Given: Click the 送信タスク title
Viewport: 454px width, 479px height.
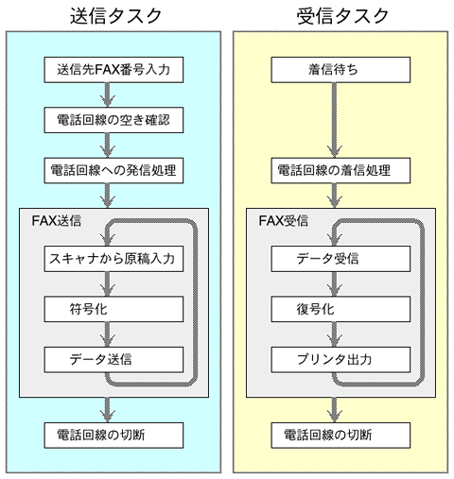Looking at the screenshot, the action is coord(115,16).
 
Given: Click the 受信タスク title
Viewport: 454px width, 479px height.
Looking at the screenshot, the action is coord(342,16).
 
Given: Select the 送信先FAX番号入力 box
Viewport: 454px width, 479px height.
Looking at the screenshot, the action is coord(113,70).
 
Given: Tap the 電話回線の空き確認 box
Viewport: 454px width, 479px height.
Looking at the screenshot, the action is coord(113,120).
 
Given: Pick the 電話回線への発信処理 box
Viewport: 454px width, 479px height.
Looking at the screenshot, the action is coord(113,171).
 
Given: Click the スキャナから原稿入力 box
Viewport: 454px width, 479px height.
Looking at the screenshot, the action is coord(113,259).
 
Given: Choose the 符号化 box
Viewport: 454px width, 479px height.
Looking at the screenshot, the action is coord(113,309).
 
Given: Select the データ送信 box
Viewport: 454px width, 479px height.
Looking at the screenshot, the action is coord(113,360).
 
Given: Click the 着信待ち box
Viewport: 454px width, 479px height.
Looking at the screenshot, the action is coord(340,70).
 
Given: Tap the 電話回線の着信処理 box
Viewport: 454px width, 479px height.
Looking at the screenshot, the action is coord(340,171).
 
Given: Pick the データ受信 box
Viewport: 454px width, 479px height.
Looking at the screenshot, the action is coord(340,259).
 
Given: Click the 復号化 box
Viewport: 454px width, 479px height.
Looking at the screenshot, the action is coord(340,309).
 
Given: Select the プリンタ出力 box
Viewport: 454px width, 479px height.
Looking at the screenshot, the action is coord(340,360).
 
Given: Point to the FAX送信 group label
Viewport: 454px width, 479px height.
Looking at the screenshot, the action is coord(57,221).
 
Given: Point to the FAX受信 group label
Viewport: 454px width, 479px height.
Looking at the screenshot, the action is coord(284,221).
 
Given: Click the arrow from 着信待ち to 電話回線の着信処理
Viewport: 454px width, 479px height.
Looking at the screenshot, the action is coord(335,120).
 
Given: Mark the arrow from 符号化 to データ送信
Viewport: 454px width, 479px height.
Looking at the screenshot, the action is coord(108,334).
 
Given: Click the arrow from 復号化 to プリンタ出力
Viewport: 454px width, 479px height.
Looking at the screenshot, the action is coord(335,334).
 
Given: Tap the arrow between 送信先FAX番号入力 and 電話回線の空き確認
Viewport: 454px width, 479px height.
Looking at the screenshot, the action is coord(108,95).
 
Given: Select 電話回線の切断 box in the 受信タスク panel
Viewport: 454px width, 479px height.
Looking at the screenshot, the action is coord(340,436).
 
